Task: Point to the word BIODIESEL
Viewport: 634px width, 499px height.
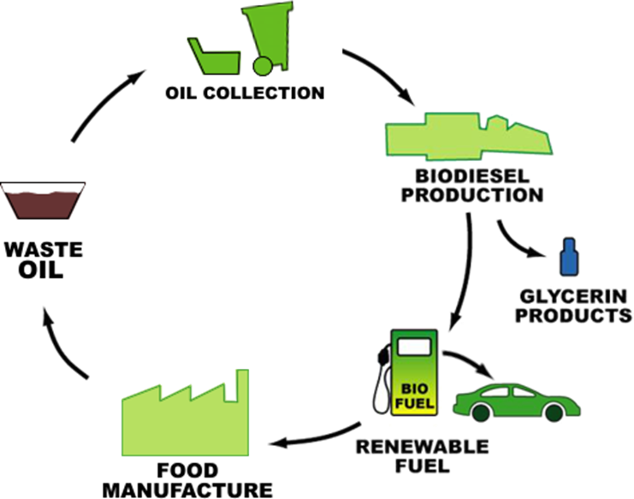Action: [x=471, y=177]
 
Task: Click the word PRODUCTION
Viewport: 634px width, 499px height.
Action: [x=471, y=195]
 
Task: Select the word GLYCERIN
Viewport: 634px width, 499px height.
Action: [x=575, y=298]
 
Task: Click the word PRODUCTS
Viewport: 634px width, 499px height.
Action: [x=575, y=315]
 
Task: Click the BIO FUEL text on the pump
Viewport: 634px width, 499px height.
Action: [x=413, y=396]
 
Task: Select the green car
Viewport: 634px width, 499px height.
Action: [x=516, y=400]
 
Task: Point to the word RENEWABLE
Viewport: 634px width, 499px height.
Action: [x=422, y=447]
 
